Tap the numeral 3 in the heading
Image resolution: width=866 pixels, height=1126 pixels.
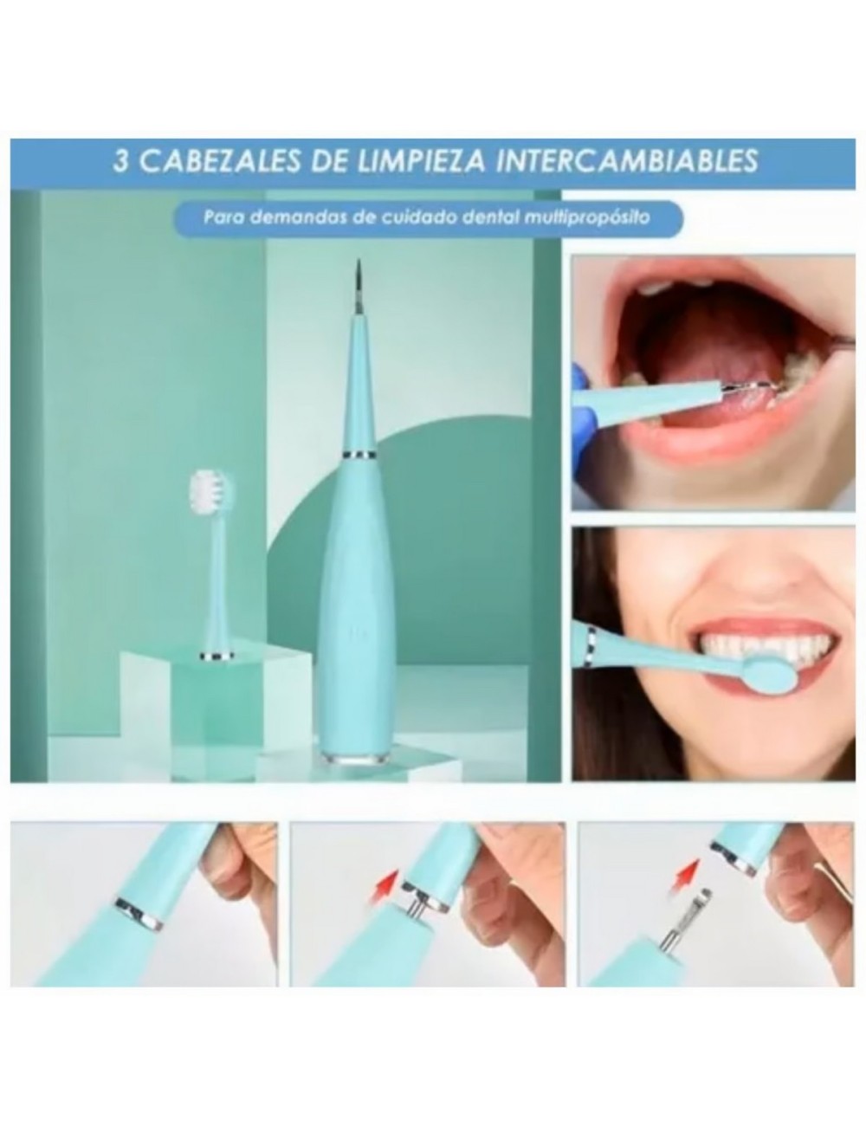[x=122, y=162]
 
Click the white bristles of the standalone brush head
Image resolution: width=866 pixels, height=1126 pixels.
[x=206, y=490]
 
